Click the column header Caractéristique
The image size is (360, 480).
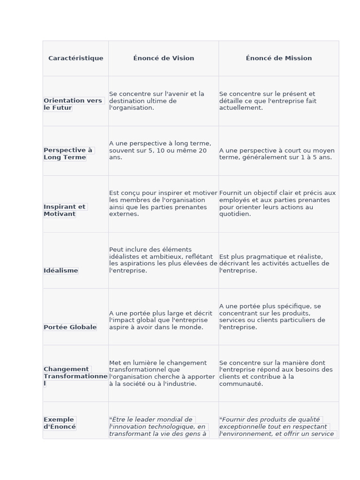tap(75, 58)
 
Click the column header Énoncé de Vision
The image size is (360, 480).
tap(164, 58)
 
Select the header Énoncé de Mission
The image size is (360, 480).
tap(278, 58)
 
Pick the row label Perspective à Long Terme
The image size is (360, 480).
tap(68, 154)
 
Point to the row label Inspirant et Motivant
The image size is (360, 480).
tap(65, 210)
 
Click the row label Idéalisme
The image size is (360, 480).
tap(61, 270)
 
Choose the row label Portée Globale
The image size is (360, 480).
tap(70, 327)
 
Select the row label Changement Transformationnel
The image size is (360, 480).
tap(75, 376)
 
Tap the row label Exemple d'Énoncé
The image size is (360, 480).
tap(60, 423)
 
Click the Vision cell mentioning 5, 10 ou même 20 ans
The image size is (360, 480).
tap(160, 150)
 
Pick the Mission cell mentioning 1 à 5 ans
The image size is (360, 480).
tap(277, 154)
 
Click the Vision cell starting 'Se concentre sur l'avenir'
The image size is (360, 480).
tap(157, 101)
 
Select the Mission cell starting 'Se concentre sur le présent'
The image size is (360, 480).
tap(268, 101)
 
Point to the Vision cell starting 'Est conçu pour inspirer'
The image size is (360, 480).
tap(163, 203)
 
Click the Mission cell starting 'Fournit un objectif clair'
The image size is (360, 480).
tap(277, 203)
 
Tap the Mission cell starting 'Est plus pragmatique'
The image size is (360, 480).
tap(274, 263)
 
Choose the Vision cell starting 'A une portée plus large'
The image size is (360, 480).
tap(160, 320)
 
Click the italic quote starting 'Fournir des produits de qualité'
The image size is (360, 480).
tap(277, 427)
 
